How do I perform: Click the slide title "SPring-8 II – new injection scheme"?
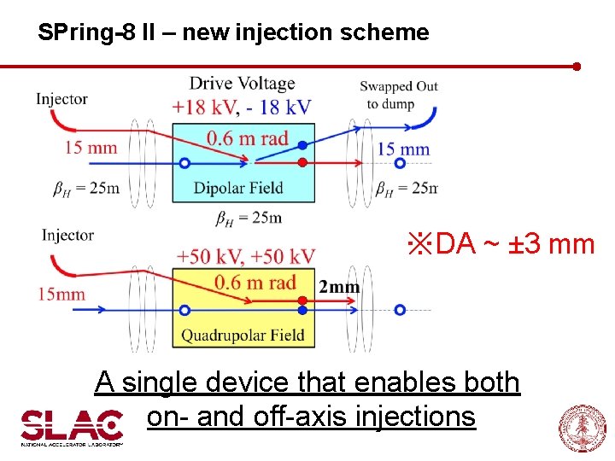click(233, 33)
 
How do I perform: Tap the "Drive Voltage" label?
click(242, 83)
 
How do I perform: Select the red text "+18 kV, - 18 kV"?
click(242, 107)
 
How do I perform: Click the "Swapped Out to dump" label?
click(398, 95)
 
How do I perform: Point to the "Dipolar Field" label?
click(238, 188)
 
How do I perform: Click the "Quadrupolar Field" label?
click(243, 336)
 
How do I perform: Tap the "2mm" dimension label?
click(339, 287)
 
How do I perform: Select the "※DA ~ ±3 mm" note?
click(501, 244)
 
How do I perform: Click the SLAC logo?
click(72, 427)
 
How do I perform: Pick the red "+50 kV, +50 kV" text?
click(245, 256)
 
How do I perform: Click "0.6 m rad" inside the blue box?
click(248, 138)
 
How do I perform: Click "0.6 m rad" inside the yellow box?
click(255, 283)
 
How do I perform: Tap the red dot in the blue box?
click(302, 162)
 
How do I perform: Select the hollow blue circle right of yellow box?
click(400, 310)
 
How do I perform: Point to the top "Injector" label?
click(61, 99)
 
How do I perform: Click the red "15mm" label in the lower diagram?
click(61, 295)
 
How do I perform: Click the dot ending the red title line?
click(577, 66)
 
